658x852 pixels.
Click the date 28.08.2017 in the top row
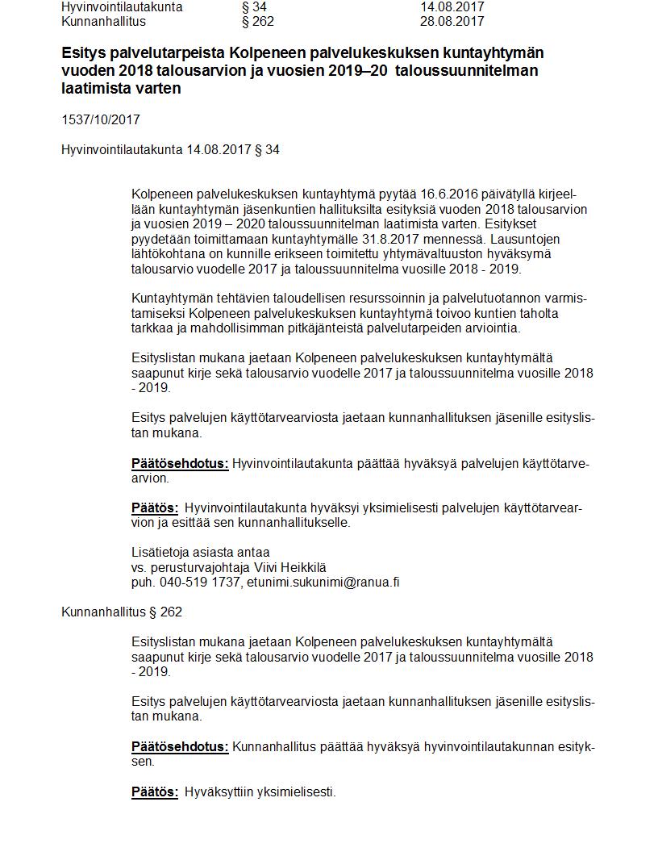(452, 21)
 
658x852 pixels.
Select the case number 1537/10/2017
(101, 119)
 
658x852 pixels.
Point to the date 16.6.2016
(448, 194)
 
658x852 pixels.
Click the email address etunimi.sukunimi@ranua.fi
(323, 582)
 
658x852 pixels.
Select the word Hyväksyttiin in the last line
(219, 791)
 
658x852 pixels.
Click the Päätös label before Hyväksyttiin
(155, 791)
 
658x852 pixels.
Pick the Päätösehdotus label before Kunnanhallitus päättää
(180, 746)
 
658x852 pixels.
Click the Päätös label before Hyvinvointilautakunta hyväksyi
(155, 507)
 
